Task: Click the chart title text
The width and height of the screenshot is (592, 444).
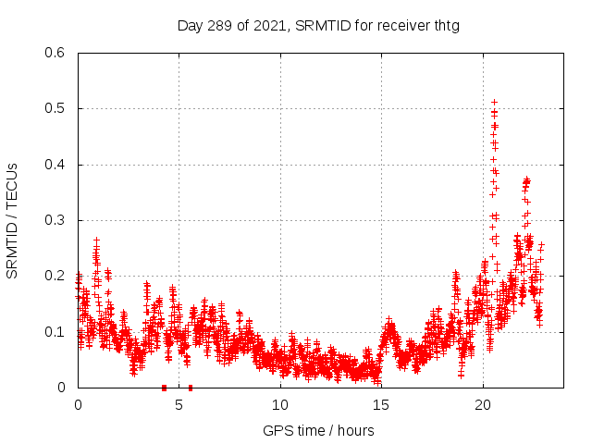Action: pyautogui.click(x=318, y=25)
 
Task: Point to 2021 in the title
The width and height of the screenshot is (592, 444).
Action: pyautogui.click(x=269, y=25)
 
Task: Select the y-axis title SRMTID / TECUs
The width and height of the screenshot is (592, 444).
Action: pyautogui.click(x=13, y=220)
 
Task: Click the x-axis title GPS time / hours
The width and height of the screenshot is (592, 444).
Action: pyautogui.click(x=318, y=430)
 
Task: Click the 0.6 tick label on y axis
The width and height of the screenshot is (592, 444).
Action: pyautogui.click(x=56, y=54)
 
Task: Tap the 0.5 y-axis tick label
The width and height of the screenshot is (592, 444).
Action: pyautogui.click(x=56, y=109)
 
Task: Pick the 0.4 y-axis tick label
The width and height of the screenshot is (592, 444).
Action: pyautogui.click(x=56, y=165)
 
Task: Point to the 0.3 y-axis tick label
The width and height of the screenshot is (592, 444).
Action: pyautogui.click(x=56, y=220)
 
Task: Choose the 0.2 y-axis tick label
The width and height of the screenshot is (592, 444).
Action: pyautogui.click(x=56, y=277)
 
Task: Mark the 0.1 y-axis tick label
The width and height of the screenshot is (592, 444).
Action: pyautogui.click(x=56, y=332)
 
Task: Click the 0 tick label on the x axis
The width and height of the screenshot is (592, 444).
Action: pyautogui.click(x=78, y=404)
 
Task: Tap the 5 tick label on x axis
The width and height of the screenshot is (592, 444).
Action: pyautogui.click(x=179, y=404)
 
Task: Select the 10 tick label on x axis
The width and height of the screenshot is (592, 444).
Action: pyautogui.click(x=280, y=404)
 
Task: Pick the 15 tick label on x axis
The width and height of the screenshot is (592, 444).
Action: pyautogui.click(x=381, y=404)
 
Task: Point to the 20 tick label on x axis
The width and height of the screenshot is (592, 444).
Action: pyautogui.click(x=483, y=404)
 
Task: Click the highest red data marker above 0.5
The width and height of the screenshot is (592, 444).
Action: pyautogui.click(x=494, y=102)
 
